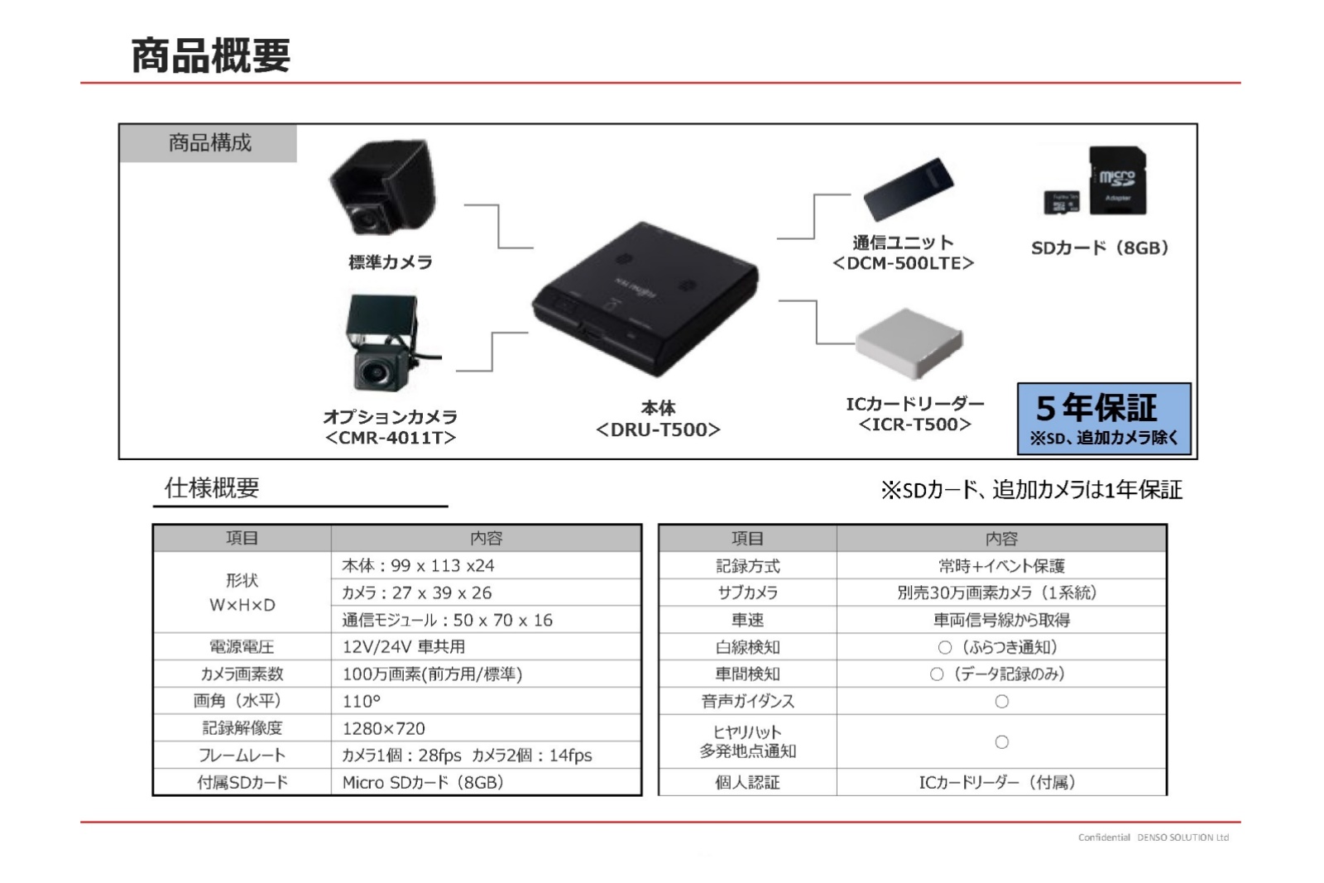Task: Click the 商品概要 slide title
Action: tap(210, 55)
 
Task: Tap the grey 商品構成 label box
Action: tap(208, 143)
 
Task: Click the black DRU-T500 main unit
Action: tap(645, 299)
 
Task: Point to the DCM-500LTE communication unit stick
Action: tap(909, 189)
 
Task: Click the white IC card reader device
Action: tap(909, 343)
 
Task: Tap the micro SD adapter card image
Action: tap(1117, 180)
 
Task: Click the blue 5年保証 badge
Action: tap(1104, 419)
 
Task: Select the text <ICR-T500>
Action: tap(914, 425)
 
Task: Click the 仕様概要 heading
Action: tap(212, 487)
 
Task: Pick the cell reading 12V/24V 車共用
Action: tap(404, 646)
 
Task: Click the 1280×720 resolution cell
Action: tap(384, 728)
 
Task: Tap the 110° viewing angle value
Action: tap(361, 701)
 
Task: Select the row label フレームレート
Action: tap(242, 756)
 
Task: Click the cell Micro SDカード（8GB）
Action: tap(423, 783)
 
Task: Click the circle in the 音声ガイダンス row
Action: tap(1002, 702)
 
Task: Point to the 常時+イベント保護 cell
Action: tap(1002, 566)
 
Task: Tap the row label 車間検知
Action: tap(748, 674)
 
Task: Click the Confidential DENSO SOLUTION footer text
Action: tap(1154, 837)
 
